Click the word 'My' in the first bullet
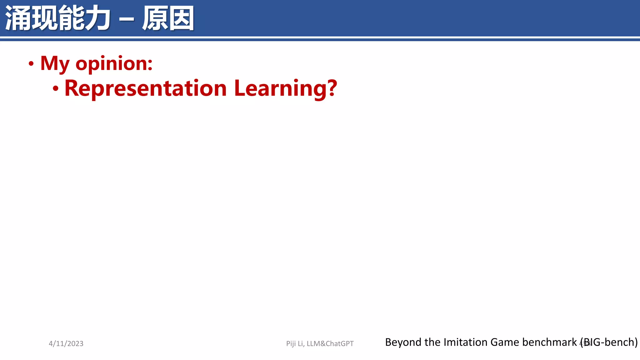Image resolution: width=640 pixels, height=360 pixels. [x=55, y=64]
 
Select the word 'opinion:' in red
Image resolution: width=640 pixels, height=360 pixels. [x=114, y=64]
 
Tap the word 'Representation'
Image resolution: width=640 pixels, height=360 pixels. [x=145, y=88]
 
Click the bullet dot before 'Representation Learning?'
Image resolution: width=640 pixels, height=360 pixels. [x=56, y=89]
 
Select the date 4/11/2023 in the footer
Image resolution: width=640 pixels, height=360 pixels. [x=66, y=344]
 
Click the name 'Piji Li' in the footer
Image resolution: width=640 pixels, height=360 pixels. [x=295, y=344]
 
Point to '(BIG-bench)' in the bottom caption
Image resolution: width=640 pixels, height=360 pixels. [x=609, y=342]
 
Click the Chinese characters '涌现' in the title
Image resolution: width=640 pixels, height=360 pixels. [x=31, y=18]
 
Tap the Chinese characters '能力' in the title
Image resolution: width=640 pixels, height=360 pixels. [x=84, y=18]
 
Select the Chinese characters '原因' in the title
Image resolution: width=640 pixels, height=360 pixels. [x=168, y=18]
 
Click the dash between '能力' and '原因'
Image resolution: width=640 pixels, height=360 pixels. [x=127, y=19]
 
